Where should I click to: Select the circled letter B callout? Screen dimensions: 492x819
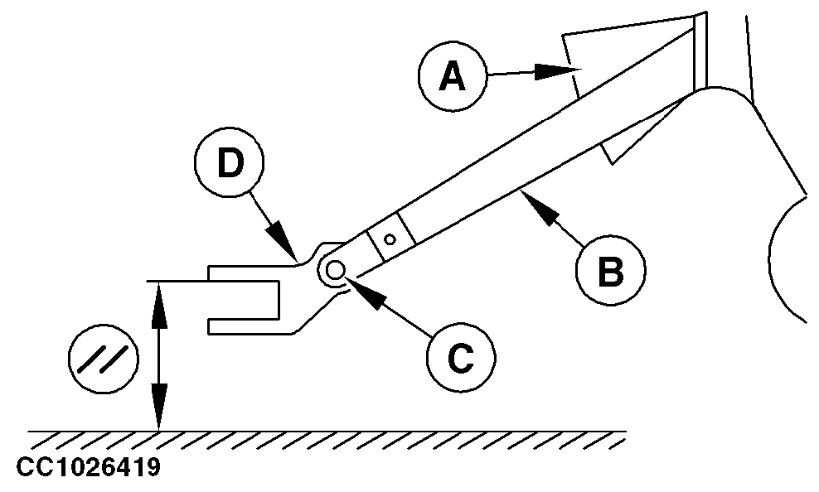pyautogui.click(x=610, y=272)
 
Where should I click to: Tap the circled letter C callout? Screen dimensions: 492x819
pyautogui.click(x=461, y=357)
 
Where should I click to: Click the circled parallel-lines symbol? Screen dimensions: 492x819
pyautogui.click(x=101, y=357)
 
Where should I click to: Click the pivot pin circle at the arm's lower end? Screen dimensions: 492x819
pyautogui.click(x=336, y=270)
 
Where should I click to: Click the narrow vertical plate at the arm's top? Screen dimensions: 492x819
pyautogui.click(x=700, y=50)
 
